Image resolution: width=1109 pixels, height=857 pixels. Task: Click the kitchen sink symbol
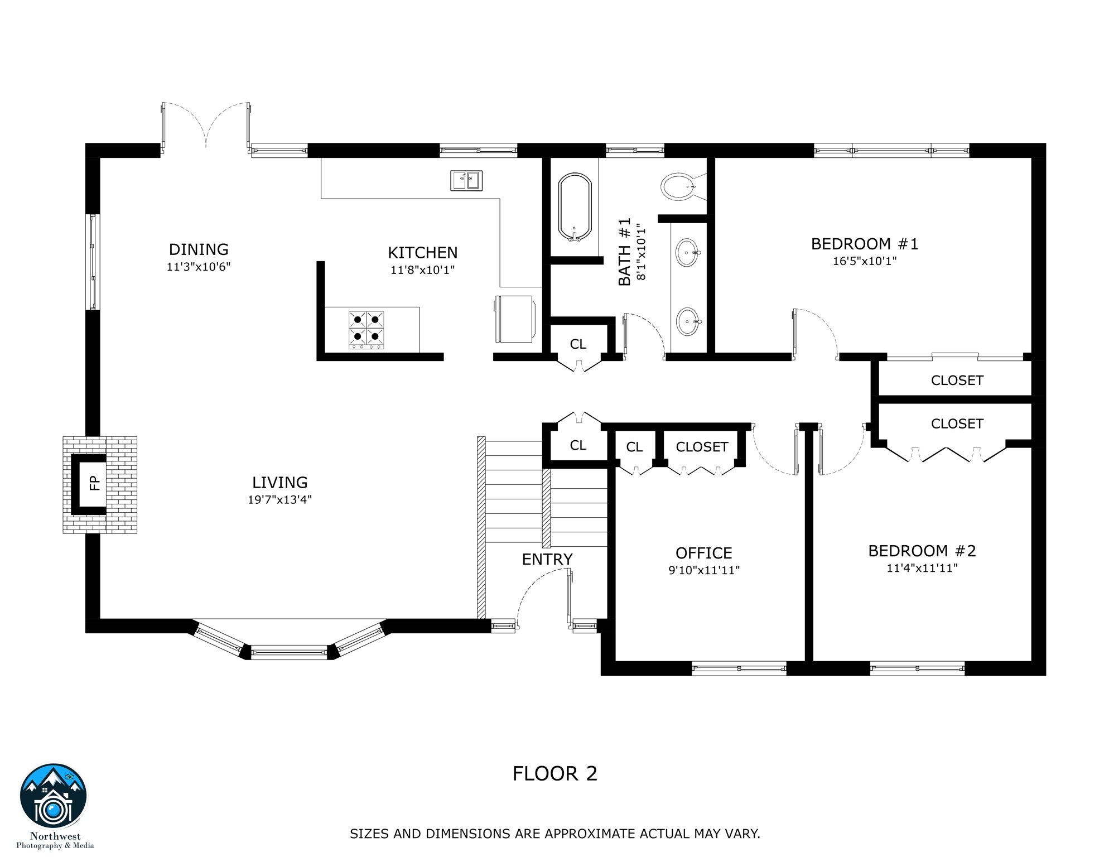466,180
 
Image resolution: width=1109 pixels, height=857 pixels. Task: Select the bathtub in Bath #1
574,207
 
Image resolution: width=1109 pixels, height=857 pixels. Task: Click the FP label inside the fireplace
95,483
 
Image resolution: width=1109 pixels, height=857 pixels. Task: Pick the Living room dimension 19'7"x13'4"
279,500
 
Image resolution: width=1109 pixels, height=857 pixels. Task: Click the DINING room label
199,249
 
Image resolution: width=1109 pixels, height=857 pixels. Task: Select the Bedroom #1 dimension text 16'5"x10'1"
864,261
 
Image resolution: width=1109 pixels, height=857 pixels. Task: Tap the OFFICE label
703,553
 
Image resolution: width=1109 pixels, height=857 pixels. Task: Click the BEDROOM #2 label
922,551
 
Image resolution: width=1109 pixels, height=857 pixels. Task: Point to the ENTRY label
547,559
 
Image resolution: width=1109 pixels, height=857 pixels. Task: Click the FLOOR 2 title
554,773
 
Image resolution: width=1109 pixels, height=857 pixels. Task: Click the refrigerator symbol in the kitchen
515,319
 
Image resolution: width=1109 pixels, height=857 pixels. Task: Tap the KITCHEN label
422,253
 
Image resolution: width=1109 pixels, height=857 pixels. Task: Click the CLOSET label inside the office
702,447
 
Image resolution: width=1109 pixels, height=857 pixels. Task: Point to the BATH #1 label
625,252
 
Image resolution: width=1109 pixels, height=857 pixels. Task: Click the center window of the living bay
289,652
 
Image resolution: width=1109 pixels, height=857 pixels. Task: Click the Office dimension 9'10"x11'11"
703,570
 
